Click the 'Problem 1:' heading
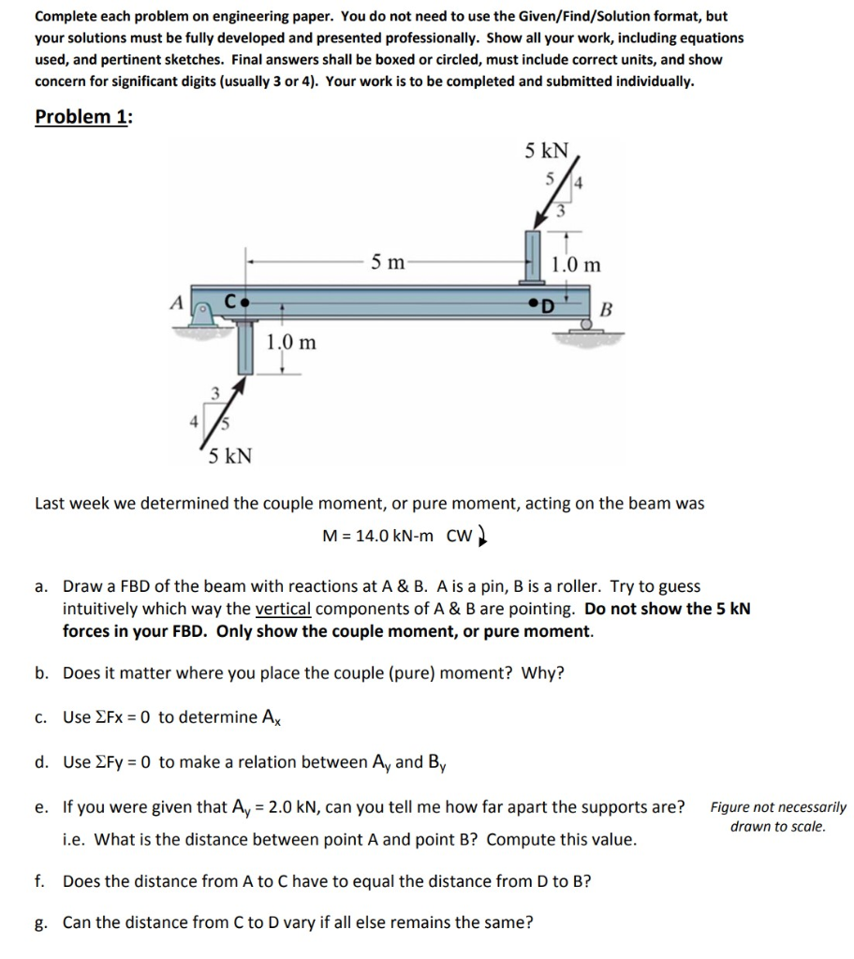[x=83, y=117]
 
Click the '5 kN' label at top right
[x=546, y=149]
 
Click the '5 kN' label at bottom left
[x=228, y=456]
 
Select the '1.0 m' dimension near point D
[x=576, y=265]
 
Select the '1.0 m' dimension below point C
[x=291, y=343]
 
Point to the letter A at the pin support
[x=174, y=302]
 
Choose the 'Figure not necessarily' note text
[x=777, y=807]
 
